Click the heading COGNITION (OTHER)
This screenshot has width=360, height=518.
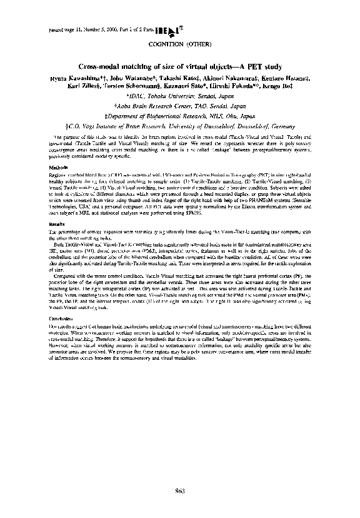179,45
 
